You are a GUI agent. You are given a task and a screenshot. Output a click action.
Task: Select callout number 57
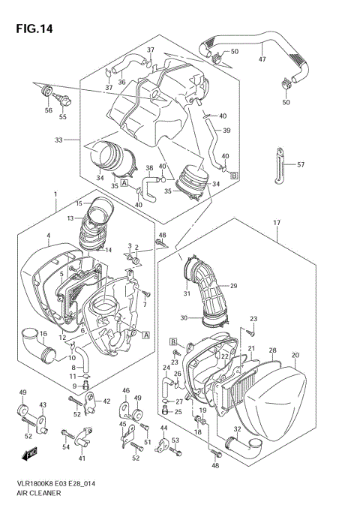(301, 164)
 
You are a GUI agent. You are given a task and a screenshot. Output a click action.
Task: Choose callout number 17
(277, 223)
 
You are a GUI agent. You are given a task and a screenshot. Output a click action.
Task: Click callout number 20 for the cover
(295, 355)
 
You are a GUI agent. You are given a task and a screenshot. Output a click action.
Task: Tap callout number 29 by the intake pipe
(233, 286)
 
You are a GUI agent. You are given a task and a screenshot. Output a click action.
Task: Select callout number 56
(48, 110)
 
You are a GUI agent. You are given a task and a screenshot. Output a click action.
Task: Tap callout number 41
(82, 458)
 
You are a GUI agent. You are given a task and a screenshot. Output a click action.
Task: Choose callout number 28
(273, 351)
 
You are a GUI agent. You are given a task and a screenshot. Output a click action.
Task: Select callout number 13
(70, 218)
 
